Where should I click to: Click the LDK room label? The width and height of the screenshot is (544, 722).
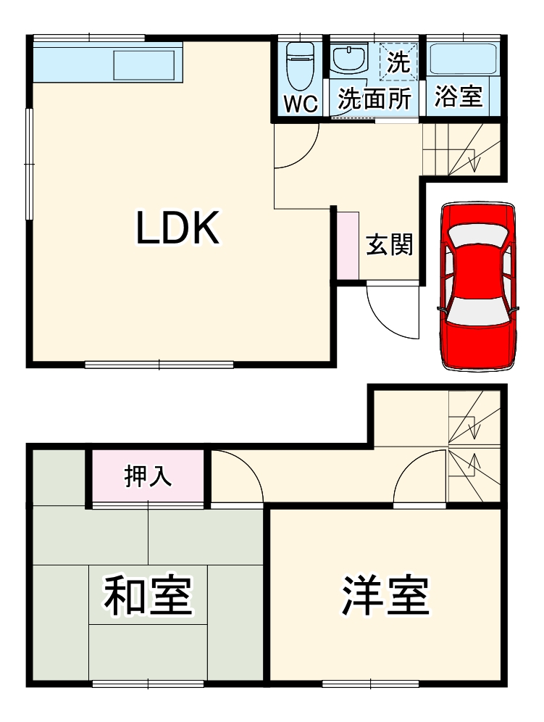tap(177, 229)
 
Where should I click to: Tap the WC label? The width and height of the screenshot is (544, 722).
tap(300, 104)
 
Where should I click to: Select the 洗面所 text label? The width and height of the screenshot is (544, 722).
tap(375, 99)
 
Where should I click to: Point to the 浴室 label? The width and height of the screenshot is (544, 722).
tap(459, 97)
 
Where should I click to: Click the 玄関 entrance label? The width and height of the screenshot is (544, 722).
tap(389, 244)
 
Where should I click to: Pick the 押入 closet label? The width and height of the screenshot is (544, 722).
tap(148, 476)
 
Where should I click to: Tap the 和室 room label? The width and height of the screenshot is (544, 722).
tap(147, 595)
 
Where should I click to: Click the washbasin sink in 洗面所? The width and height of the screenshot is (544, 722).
tap(351, 57)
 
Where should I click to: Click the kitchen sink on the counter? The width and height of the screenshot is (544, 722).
tap(144, 65)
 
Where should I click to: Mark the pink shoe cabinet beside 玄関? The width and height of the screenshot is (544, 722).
tap(348, 244)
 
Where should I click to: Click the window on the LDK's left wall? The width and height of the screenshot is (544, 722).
tap(29, 163)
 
